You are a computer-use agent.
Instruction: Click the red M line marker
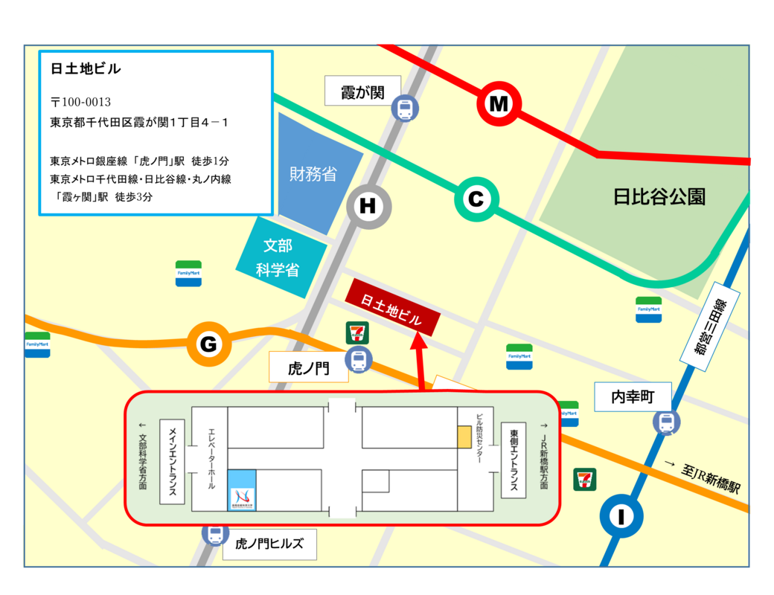498,104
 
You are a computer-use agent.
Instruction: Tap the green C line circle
476,199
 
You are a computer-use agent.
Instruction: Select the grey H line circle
368,207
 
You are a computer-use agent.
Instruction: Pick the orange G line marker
208,344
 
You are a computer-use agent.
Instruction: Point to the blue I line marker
621,515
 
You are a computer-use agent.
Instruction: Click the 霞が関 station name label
362,91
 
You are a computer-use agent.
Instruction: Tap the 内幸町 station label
633,397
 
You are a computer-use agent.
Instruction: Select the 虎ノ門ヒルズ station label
269,544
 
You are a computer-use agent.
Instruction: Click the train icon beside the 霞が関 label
405,109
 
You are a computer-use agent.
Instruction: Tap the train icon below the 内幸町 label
666,422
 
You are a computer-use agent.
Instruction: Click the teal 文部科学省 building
280,257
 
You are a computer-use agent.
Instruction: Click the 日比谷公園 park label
659,197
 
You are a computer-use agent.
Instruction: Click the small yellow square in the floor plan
464,437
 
